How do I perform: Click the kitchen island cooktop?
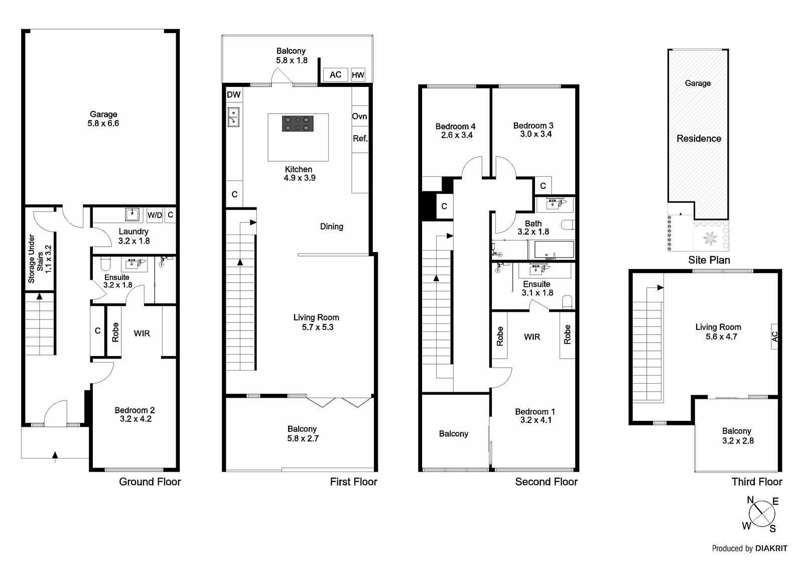click(298, 124)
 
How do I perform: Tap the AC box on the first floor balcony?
click(335, 75)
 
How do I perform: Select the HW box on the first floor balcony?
click(358, 75)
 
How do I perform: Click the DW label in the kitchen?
click(233, 95)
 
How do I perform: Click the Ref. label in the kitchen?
click(360, 139)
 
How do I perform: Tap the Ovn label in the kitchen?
click(359, 117)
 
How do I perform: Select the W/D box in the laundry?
click(155, 215)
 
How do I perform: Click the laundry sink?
click(132, 214)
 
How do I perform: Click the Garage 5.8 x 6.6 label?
click(103, 119)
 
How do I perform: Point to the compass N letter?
click(750, 500)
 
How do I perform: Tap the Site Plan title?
click(709, 260)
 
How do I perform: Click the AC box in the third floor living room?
click(774, 336)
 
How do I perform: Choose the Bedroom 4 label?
click(456, 131)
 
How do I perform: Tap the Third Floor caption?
click(756, 482)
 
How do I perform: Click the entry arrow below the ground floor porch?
click(55, 455)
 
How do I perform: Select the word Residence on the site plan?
click(699, 139)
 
